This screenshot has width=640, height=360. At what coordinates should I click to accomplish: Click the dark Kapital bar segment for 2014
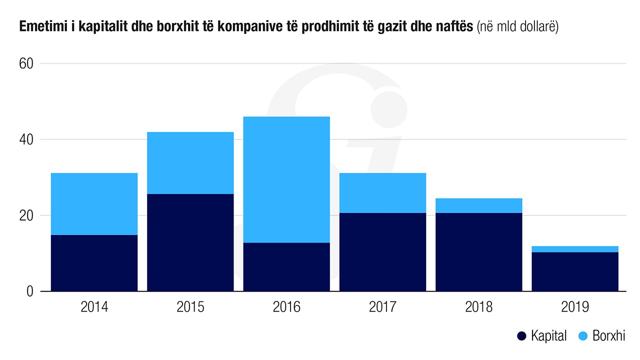point(94,263)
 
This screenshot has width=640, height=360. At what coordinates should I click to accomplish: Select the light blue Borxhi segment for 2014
point(94,204)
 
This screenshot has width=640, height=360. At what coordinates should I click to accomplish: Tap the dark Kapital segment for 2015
point(190,242)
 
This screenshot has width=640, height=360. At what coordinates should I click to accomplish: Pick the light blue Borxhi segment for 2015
point(190,163)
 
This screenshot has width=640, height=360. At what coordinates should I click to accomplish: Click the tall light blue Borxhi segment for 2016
point(286,179)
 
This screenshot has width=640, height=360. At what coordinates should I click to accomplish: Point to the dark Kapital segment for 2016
point(286,267)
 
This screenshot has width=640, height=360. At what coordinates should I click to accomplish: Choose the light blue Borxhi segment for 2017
point(382,193)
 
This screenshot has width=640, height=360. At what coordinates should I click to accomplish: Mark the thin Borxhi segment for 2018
point(478,205)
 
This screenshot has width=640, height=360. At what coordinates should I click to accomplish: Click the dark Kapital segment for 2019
point(575,272)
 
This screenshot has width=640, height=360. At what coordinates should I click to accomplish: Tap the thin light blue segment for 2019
point(575,249)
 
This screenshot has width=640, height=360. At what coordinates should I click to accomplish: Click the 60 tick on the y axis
point(26,64)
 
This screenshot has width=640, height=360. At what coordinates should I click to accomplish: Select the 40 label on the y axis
point(26,139)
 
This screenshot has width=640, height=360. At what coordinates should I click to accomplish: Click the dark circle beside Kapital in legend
point(522,336)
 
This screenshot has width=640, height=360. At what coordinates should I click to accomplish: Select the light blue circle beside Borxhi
point(583,336)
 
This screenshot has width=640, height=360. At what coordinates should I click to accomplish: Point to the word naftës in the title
point(455,27)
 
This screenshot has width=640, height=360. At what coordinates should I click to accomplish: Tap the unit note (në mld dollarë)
point(517,27)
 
